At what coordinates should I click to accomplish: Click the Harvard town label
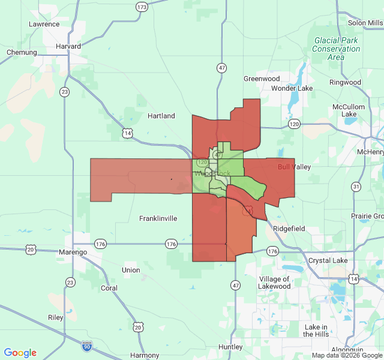68,46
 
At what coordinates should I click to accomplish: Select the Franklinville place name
158,218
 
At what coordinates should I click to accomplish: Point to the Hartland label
161,116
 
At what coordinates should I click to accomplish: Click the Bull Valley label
294,167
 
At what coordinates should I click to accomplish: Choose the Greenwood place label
262,79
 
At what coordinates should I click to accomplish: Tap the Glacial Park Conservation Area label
336,49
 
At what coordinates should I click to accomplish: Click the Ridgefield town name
289,229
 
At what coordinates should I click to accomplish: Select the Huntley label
230,347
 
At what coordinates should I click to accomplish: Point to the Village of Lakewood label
275,283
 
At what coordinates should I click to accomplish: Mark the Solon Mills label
365,23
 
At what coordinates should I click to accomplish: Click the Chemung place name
22,52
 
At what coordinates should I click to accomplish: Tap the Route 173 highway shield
142,7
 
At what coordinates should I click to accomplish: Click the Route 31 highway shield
356,187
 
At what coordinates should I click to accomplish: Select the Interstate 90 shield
87,345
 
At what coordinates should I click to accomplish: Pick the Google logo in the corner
20,353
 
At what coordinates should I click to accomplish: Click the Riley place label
56,317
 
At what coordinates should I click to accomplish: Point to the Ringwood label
345,82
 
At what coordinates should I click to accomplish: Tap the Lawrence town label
44,24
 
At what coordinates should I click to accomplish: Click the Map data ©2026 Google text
347,355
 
